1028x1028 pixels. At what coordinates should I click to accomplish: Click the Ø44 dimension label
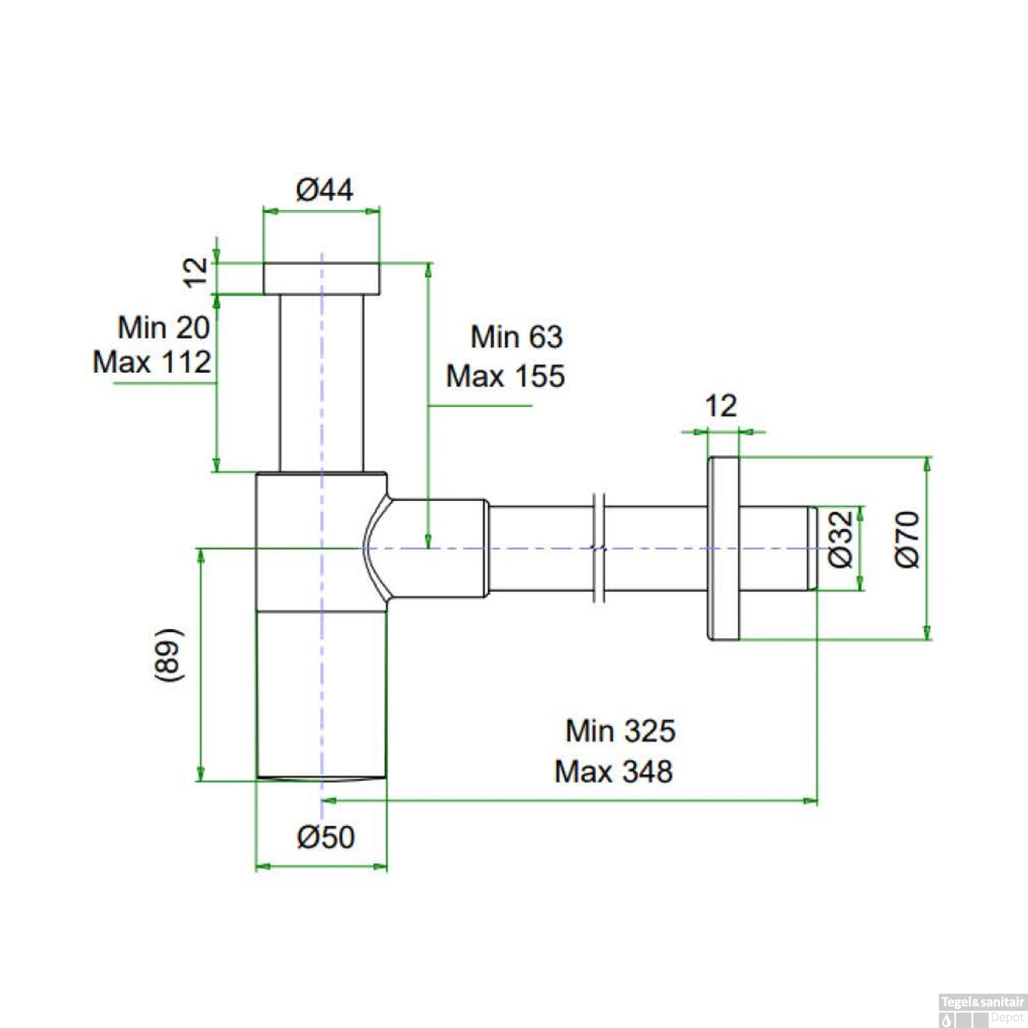point(324,190)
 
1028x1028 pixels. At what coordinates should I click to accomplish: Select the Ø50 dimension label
point(326,837)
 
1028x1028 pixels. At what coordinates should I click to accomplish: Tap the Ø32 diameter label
point(841,539)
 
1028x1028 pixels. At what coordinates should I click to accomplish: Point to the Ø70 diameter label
point(907,539)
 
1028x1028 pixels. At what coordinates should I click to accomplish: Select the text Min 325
point(620,731)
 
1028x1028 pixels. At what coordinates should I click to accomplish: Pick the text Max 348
point(613,772)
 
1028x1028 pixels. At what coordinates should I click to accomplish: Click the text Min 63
point(516,337)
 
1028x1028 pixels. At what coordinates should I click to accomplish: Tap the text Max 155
point(505,376)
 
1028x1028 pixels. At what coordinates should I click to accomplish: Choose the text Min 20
point(164,327)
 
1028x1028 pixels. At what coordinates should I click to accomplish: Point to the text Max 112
point(152,362)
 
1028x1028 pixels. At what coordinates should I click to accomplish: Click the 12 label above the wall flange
point(721,406)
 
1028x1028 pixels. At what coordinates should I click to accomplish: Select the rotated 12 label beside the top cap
point(196,272)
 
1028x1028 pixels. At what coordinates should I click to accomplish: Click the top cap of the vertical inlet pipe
point(321,278)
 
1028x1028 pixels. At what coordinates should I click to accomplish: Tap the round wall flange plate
point(724,548)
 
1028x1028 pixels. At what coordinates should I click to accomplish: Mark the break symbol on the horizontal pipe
point(599,548)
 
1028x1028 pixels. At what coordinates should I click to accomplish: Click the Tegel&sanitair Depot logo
point(981,1009)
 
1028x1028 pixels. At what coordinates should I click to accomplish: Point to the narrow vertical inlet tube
point(321,384)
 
